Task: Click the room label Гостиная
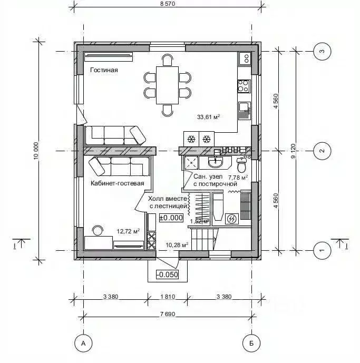coord(103,70)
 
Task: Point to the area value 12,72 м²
coord(129,231)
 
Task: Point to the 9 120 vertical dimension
coord(299,151)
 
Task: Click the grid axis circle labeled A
coord(83,344)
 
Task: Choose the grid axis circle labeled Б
coord(251,344)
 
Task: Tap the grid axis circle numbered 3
coord(321,51)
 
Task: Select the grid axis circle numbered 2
coord(321,151)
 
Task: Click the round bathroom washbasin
coord(216,161)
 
